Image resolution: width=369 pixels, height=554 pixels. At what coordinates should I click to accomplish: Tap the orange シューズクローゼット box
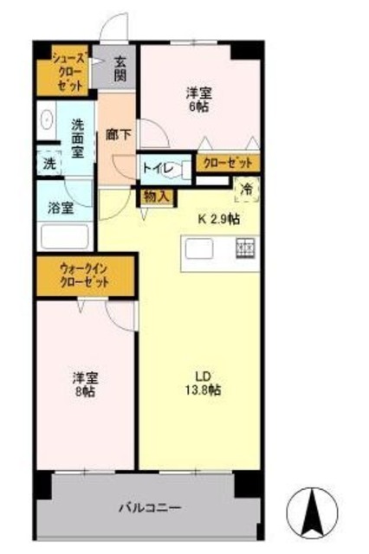(x=68, y=71)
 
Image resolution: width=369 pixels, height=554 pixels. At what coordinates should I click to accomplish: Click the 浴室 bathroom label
(x=61, y=208)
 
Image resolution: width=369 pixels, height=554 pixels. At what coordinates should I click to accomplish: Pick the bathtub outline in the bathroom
(x=66, y=235)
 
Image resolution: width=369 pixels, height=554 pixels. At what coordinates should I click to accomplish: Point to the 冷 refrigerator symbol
(x=246, y=189)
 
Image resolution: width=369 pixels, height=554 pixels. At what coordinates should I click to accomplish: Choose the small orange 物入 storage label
(x=157, y=196)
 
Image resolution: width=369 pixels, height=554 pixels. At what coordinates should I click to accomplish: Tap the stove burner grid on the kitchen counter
(x=245, y=249)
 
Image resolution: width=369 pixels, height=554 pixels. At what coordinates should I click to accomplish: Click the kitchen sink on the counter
(x=199, y=249)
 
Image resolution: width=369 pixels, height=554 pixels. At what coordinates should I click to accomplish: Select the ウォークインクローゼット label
(x=85, y=276)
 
